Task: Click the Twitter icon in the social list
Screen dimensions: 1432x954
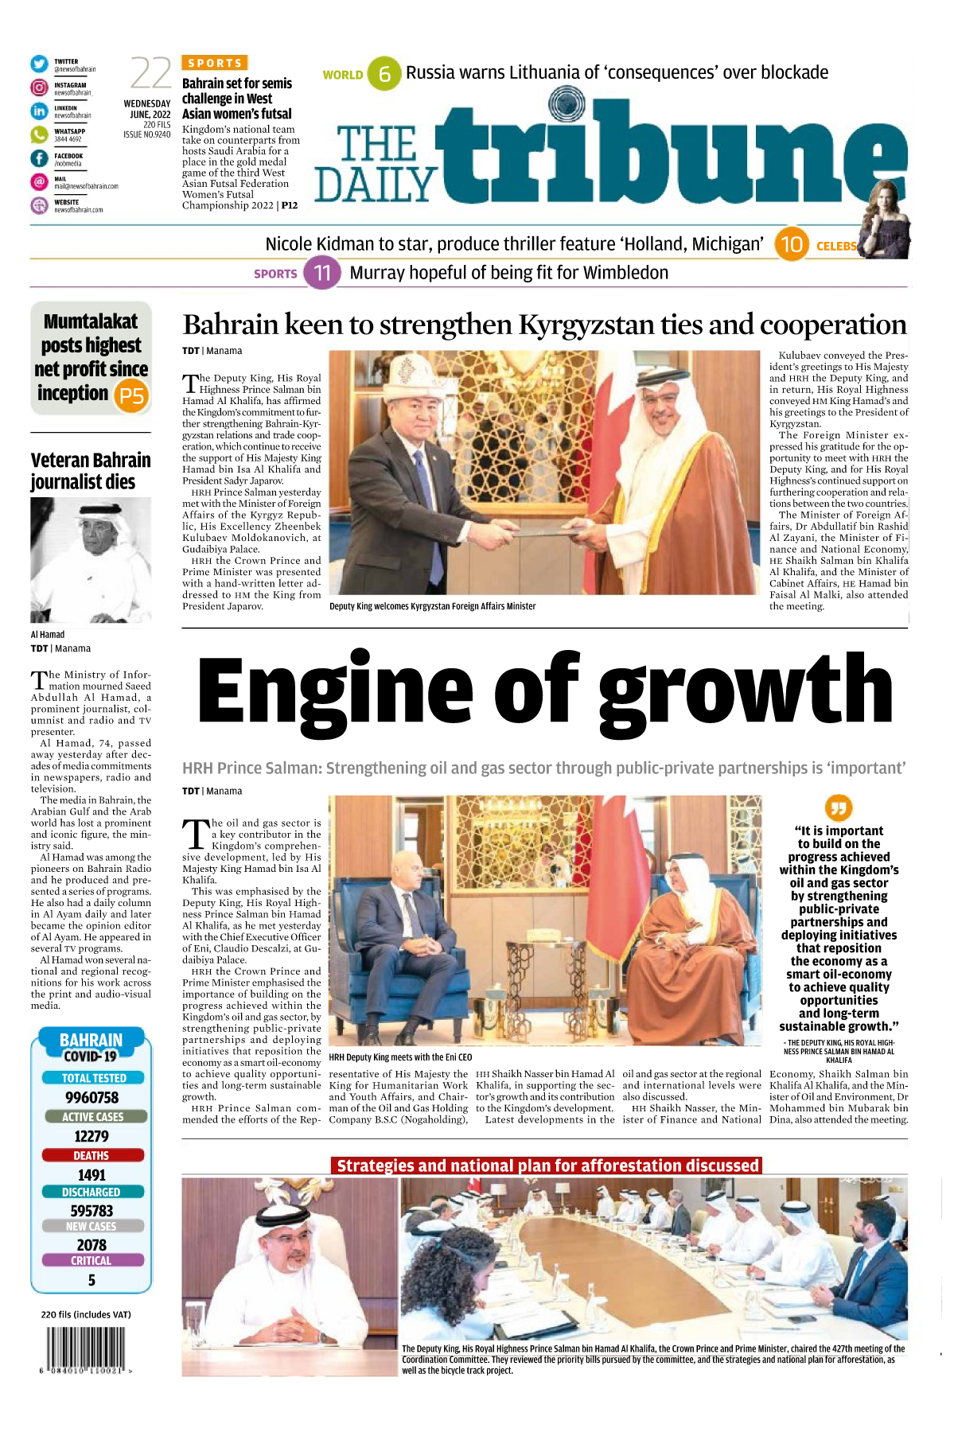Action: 39,64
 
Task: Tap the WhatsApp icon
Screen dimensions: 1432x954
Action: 39,134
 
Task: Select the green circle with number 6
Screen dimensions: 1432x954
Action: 384,74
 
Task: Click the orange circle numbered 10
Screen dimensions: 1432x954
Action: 791,244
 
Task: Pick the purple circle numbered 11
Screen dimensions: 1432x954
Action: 322,273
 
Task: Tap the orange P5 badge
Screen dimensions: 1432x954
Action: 132,395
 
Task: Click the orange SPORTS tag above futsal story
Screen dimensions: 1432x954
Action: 215,63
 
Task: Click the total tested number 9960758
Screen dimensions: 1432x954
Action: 92,1098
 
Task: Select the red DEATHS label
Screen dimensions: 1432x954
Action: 92,1155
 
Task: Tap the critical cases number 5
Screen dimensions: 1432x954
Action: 92,1280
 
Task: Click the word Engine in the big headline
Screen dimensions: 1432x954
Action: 334,689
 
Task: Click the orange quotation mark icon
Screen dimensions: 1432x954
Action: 839,807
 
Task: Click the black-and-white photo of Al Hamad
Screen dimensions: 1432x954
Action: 91,560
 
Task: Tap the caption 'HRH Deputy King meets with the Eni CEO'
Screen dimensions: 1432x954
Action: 400,1057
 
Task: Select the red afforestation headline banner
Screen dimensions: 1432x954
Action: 547,1165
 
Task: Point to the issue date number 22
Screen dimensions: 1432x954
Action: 150,74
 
